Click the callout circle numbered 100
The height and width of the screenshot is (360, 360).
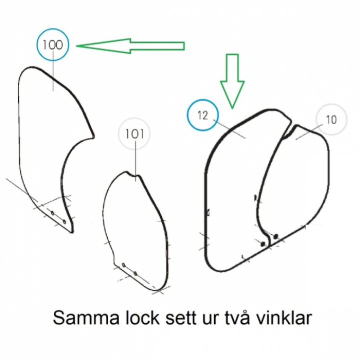pyautogui.click(x=52, y=45)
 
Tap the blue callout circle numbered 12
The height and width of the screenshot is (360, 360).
pyautogui.click(x=202, y=116)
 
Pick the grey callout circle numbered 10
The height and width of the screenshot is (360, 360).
pyautogui.click(x=331, y=120)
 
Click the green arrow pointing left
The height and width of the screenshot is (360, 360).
pyautogui.click(x=130, y=46)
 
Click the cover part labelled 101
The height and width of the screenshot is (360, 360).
pyautogui.click(x=135, y=225)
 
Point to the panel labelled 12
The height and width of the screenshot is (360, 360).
pyautogui.click(x=235, y=190)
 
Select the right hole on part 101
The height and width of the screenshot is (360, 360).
pyautogui.click(x=135, y=273)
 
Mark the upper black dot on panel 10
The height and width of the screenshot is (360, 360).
pyautogui.click(x=275, y=235)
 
